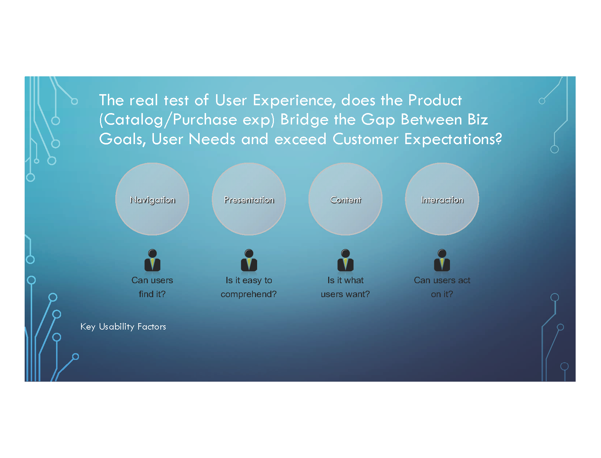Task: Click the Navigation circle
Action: point(152,199)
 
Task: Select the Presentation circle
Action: point(249,199)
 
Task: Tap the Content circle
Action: point(345,199)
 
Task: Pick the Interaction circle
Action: point(442,199)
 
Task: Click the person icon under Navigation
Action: point(152,260)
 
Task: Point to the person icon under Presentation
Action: point(249,260)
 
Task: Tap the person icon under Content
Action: point(345,260)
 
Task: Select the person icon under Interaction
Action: point(442,260)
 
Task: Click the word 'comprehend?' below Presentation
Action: point(249,294)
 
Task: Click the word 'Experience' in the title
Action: point(294,101)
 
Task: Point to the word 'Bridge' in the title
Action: point(304,120)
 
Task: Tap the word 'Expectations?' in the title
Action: point(453,139)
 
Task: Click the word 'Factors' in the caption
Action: point(152,326)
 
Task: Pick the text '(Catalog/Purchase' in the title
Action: point(168,120)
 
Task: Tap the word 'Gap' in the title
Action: point(378,120)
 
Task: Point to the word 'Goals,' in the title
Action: point(122,139)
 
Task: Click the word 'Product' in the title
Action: point(435,101)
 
